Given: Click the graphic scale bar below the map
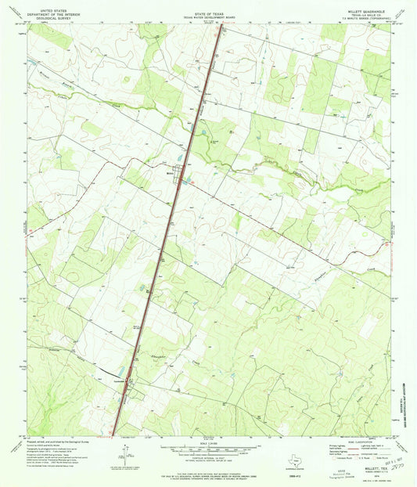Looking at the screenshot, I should (207, 449).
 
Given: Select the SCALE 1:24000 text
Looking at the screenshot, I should (207, 444).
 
